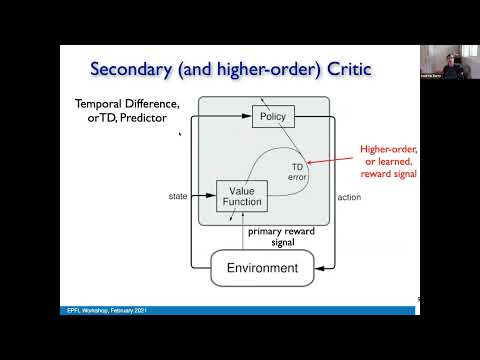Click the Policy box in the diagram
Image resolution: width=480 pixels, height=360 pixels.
click(272, 117)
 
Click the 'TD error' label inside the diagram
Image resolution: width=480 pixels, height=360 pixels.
click(297, 171)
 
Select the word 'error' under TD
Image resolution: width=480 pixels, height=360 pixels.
click(297, 177)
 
